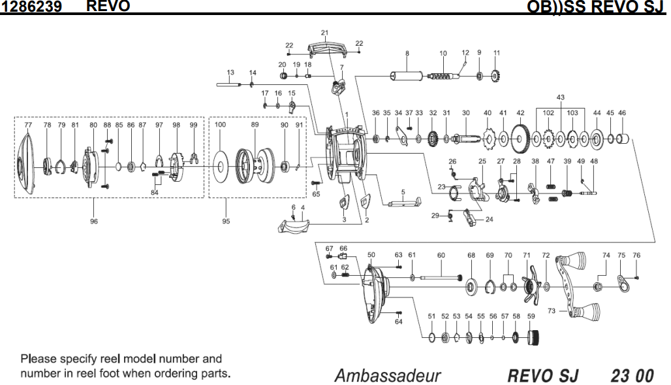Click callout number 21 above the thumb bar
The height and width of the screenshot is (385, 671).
(324, 33)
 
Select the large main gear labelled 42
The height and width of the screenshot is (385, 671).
(520, 138)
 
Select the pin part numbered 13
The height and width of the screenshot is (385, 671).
(230, 84)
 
